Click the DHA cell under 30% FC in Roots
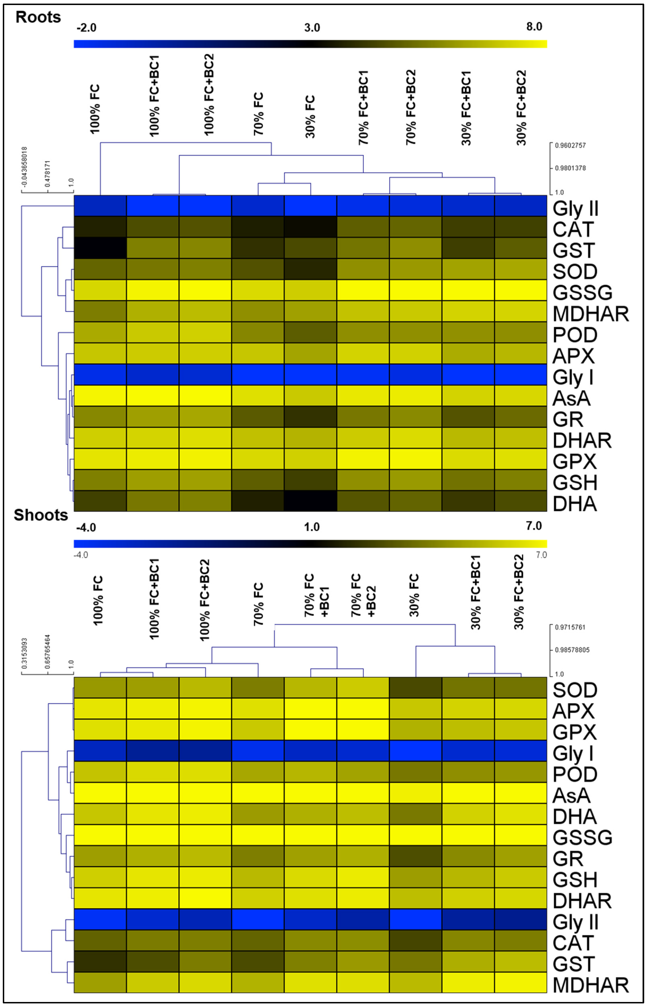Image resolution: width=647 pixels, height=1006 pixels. tap(310, 501)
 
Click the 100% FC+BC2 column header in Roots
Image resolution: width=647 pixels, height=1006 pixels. tap(209, 95)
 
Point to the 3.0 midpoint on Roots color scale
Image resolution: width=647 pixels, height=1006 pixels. tap(312, 28)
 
